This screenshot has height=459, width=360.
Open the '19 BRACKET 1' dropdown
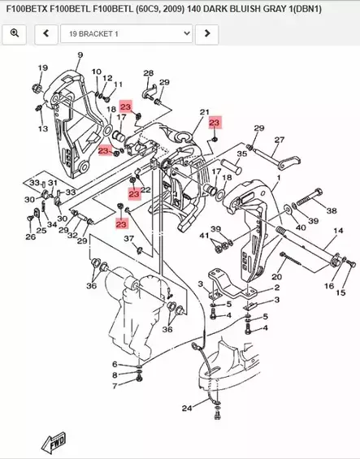[130, 33]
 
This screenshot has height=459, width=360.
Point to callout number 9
[80, 55]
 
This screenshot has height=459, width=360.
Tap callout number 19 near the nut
[42, 67]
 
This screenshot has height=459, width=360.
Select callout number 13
[42, 128]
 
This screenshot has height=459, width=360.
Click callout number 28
[148, 74]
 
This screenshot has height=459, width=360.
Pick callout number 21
[204, 112]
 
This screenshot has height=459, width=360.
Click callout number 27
[279, 140]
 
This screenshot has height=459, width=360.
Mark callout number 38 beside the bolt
[331, 210]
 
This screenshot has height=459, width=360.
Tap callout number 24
[187, 408]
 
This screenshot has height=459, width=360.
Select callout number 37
[128, 238]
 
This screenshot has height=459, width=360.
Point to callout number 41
[205, 235]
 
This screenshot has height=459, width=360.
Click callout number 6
[115, 364]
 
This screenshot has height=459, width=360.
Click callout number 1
[278, 177]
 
